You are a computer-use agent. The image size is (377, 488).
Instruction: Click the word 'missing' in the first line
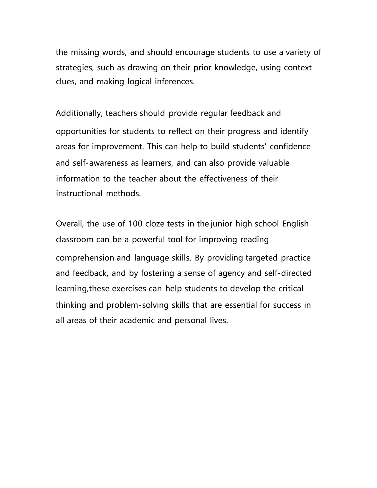click(85, 53)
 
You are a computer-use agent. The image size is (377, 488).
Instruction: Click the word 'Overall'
click(70, 224)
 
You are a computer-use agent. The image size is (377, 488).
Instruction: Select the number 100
click(135, 224)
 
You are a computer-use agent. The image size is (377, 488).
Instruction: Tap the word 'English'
click(295, 224)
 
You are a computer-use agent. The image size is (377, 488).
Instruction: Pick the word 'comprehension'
click(85, 258)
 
